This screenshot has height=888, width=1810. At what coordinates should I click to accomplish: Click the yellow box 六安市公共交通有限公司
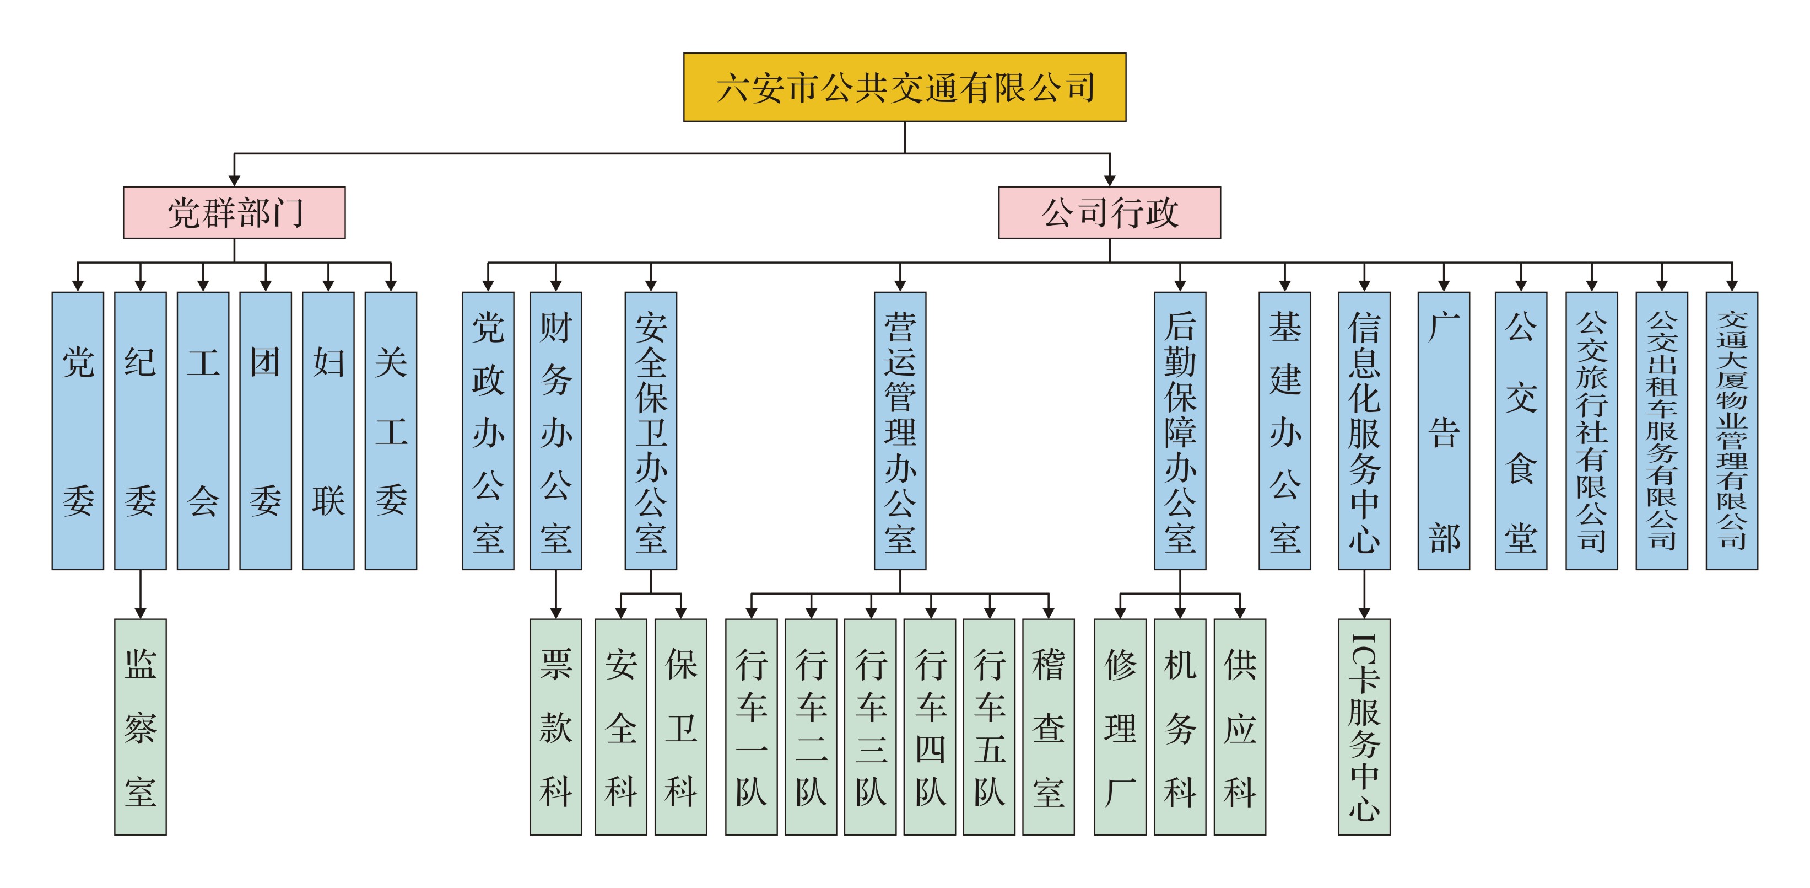pos(904,87)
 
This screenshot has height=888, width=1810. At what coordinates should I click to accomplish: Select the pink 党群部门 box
pos(234,212)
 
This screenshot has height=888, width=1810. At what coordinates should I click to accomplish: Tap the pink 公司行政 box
pos(1110,212)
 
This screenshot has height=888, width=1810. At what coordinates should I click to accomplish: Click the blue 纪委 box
pos(141,430)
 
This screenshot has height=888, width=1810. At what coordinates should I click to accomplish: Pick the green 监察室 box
pos(141,726)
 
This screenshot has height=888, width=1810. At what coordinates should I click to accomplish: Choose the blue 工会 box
pos(203,430)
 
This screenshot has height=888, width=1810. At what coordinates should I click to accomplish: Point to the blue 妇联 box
pos(328,430)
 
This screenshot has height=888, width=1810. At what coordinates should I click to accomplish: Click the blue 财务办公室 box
pos(556,430)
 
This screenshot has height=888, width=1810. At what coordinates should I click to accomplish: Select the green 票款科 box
pos(556,726)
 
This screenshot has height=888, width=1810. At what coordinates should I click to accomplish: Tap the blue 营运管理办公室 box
pos(900,430)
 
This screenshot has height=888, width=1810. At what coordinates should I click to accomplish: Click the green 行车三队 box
pos(871,726)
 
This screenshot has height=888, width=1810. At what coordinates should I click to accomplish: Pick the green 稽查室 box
pos(1049,726)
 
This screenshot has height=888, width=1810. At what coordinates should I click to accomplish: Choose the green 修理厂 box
pos(1120,726)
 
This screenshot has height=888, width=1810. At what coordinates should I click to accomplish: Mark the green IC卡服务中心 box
pos(1364,726)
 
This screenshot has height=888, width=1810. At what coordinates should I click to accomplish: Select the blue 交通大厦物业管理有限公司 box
pos(1732,430)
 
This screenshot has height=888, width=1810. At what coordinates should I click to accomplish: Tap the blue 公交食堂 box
pos(1521,430)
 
